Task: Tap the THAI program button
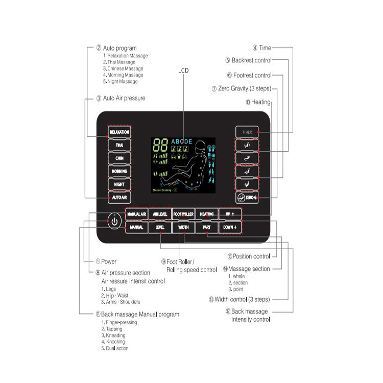pos(119,145)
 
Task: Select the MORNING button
pos(119,171)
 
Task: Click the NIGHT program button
pos(119,184)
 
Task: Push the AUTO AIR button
pos(119,197)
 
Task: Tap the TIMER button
pos(247,132)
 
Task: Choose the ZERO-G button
pos(247,197)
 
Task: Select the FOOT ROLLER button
pos(183,214)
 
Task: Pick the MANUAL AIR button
pos(136,214)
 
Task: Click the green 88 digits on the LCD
pos(161,144)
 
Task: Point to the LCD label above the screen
pos(183,70)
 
